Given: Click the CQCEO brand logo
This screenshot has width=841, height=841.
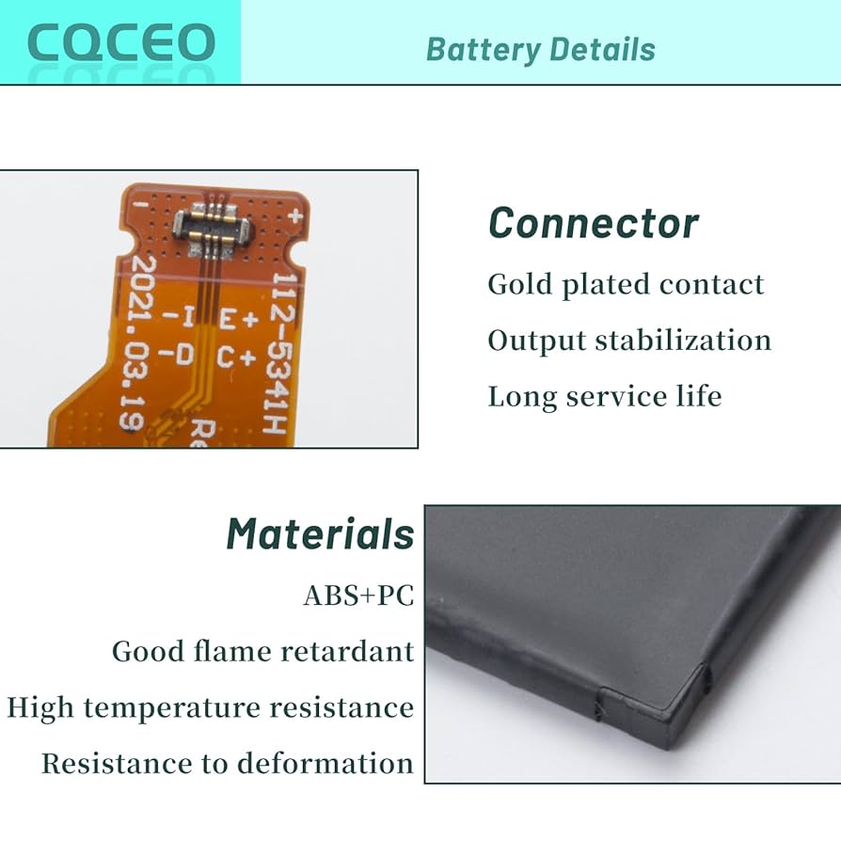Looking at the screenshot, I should pos(120,42).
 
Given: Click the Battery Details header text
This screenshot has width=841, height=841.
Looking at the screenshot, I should pos(540,49).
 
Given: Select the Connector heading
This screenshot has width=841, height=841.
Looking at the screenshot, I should pos(594,224).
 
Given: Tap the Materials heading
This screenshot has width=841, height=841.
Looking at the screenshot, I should pos(320,534).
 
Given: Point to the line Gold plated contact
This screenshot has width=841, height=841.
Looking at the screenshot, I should pos(626,284).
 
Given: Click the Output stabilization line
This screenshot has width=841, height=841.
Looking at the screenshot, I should pos(629,340).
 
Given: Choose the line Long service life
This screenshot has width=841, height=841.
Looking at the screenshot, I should pos(604,396).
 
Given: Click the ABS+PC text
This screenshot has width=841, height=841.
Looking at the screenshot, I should pos(358,595).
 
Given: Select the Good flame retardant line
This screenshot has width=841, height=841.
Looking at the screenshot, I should pos(262,651).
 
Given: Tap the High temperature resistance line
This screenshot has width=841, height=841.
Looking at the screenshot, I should pos(210,707).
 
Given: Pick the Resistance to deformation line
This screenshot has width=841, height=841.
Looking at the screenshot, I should pos(227,763).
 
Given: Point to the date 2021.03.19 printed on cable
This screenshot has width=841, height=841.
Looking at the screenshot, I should pos(136,342).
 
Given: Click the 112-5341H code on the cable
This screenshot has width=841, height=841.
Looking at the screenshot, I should pos(278,352).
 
